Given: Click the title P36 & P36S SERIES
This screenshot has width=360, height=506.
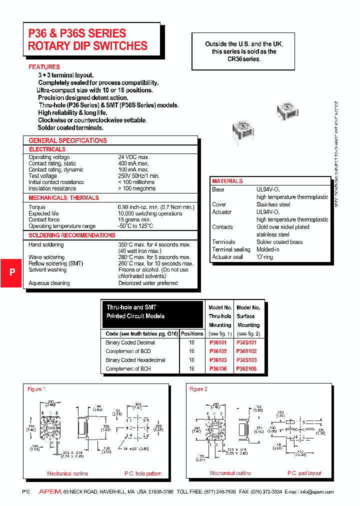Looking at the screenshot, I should [77, 33].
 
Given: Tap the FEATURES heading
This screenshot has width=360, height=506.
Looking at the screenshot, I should [44, 67].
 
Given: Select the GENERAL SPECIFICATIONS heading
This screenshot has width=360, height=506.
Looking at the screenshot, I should [67, 140].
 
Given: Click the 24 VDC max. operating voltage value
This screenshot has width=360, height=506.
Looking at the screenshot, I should [133, 157].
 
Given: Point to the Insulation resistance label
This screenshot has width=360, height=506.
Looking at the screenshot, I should [52, 188].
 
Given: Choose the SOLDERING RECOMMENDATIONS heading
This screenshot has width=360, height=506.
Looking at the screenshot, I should [72, 235].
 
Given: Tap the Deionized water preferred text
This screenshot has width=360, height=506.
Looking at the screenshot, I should [148, 283].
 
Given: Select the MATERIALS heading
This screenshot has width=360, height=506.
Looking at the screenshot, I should [227, 181].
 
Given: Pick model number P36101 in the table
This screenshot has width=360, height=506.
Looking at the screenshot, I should [218, 343].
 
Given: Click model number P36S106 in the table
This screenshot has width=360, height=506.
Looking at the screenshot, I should [246, 368].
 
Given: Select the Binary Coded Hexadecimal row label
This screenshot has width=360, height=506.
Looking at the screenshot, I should [135, 360].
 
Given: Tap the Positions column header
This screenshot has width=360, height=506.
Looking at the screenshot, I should [192, 333].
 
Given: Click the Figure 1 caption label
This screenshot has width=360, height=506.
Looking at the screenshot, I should [36, 389].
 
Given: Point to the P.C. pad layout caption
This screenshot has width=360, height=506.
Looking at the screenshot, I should [304, 473].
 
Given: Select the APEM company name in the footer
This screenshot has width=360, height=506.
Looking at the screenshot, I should [50, 492].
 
